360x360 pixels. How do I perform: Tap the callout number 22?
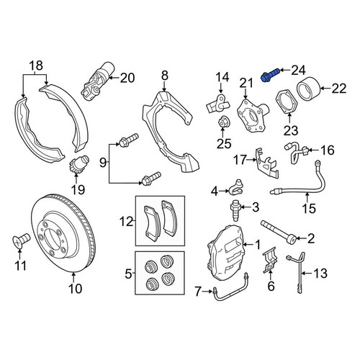point(339,89)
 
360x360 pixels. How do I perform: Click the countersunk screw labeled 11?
point(21,240)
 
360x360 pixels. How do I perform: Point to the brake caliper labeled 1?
point(225,252)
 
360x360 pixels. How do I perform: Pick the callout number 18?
point(36,66)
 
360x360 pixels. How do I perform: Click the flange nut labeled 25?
point(223,122)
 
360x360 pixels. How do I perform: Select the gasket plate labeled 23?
point(287,102)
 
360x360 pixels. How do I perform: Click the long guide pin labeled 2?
point(279,233)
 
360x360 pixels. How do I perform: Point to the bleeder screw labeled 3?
point(235,210)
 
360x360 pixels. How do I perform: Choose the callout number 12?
point(126,221)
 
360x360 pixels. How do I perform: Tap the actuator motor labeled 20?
point(97,81)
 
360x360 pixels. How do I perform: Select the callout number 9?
point(102,163)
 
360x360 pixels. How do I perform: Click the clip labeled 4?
point(235,187)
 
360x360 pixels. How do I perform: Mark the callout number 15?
point(309,208)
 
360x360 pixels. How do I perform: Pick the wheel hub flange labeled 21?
point(252,114)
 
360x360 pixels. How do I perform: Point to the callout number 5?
point(128,274)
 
